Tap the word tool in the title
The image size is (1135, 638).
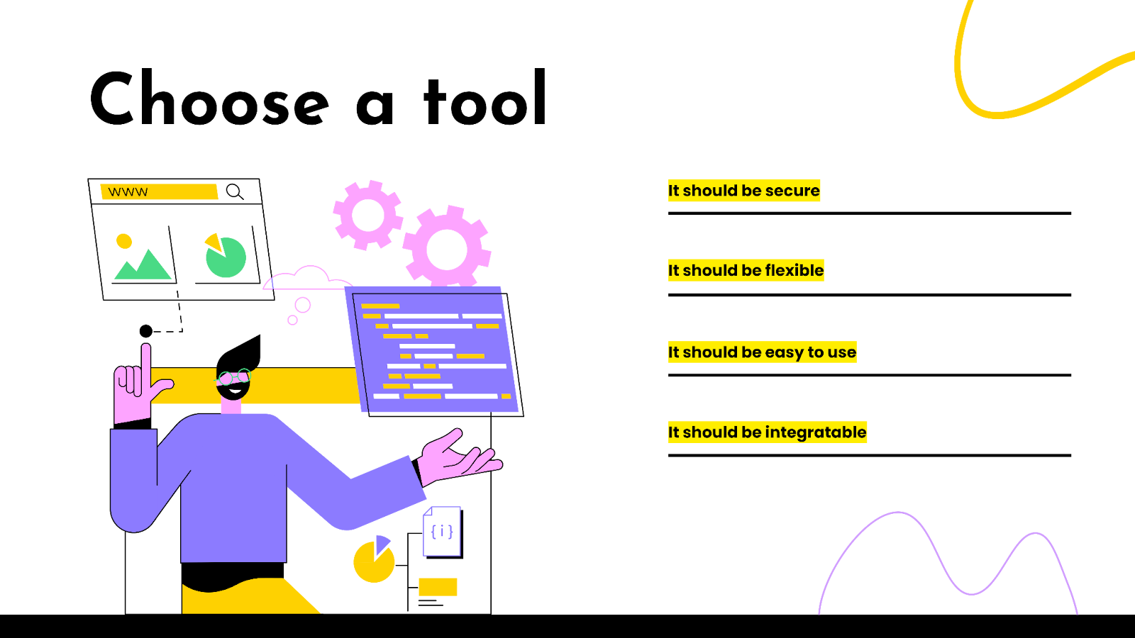485,97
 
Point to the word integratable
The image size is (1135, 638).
815,432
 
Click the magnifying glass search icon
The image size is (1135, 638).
235,192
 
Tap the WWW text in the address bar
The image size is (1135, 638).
128,192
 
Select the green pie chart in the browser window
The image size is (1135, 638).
226,255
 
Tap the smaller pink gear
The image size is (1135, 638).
368,215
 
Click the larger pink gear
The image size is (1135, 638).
447,248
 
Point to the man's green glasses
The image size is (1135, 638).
234,376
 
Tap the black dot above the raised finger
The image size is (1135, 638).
146,331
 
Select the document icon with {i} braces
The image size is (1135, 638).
443,532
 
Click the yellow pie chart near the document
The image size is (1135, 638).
374,560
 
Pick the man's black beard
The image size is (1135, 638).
233,390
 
